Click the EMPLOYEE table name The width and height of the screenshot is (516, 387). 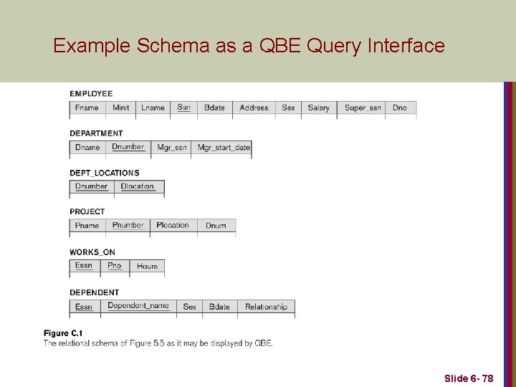[91, 93]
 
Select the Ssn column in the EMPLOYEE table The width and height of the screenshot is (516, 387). [183, 107]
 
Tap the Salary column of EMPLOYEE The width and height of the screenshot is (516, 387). [318, 108]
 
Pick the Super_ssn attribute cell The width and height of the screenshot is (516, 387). [363, 108]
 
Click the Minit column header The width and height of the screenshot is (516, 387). [121, 108]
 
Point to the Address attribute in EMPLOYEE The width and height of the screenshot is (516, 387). [254, 108]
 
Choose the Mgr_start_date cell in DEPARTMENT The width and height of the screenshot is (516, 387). [223, 148]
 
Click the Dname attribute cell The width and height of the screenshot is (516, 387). [87, 148]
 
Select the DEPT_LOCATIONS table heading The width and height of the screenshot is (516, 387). [105, 173]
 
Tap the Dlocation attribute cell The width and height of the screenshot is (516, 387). [138, 187]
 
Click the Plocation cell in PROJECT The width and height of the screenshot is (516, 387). [173, 226]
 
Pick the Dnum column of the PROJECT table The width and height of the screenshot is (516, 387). [216, 226]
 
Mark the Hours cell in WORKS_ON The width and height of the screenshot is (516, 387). [147, 267]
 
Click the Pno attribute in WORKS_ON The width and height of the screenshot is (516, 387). [115, 266]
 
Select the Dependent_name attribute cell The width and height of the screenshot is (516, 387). [138, 306]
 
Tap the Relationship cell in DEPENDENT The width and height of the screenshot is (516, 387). [266, 307]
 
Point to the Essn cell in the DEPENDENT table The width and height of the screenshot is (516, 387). [84, 307]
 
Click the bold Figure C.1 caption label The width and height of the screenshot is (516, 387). [63, 333]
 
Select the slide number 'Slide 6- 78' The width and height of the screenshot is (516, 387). [469, 378]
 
